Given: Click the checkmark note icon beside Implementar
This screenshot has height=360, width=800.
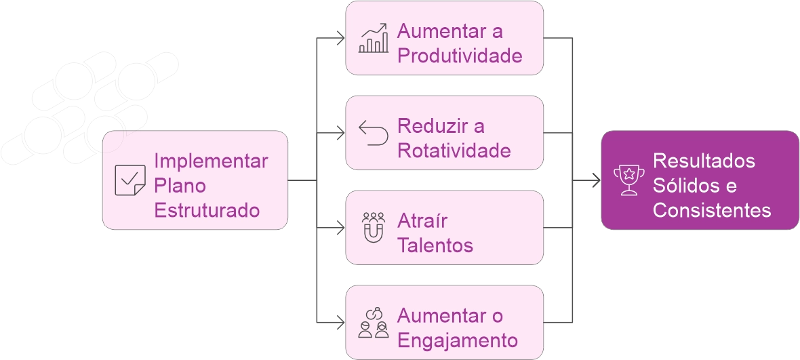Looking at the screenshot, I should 129,180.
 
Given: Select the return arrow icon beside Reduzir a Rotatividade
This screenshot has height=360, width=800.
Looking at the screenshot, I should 374,133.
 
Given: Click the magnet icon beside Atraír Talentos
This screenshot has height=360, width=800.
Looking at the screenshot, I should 374,228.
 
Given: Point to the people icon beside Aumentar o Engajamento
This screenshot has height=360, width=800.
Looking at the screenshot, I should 374,323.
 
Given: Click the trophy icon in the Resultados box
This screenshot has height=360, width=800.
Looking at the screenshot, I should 628,180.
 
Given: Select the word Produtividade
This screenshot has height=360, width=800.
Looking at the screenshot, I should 460,56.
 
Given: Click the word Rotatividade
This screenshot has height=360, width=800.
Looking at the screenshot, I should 454,151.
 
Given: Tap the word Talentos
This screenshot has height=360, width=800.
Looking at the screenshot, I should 435,245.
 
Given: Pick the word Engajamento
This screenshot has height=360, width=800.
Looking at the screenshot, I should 457,340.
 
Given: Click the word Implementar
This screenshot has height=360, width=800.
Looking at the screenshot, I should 211,161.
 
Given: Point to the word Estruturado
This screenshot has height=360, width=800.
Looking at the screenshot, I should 207,210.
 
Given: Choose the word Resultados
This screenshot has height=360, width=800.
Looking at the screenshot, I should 704,161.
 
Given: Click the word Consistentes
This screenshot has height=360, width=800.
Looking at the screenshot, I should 711,210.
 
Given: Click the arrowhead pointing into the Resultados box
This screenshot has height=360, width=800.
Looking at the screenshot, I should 596,182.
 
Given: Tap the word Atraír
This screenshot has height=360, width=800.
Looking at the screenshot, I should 422,221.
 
